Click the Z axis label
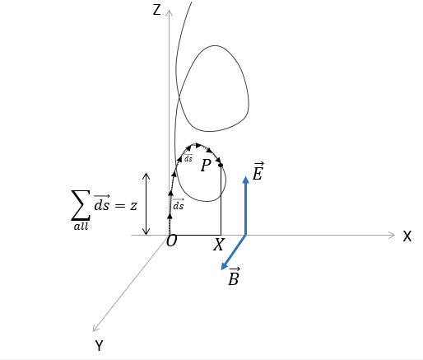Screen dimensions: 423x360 click(156, 10)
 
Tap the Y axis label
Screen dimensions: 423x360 click(99, 345)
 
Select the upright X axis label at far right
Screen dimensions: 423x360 click(407, 236)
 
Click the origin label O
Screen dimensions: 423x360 click(171, 241)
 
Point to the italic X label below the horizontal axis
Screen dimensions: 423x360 click(219, 245)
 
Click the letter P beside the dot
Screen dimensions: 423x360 click(206, 166)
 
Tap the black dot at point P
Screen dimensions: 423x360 click(221, 165)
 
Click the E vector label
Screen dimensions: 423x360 click(258, 171)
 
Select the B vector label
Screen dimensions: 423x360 click(234, 277)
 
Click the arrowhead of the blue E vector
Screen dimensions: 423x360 click(246, 180)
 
